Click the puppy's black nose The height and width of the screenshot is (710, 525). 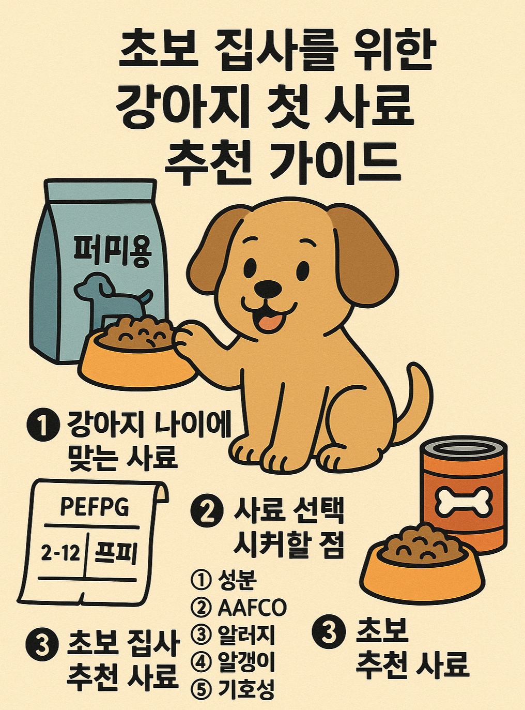coord(268,289)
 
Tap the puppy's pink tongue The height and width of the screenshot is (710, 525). coord(270,322)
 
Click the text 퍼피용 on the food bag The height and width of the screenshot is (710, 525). coord(113,252)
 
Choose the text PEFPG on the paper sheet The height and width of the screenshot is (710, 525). coord(95,506)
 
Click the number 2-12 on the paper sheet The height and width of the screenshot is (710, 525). coord(60,554)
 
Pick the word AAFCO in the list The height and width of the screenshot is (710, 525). coord(252,608)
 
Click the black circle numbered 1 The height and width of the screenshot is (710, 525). coord(42,426)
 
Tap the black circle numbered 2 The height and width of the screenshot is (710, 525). coord(207,511)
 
